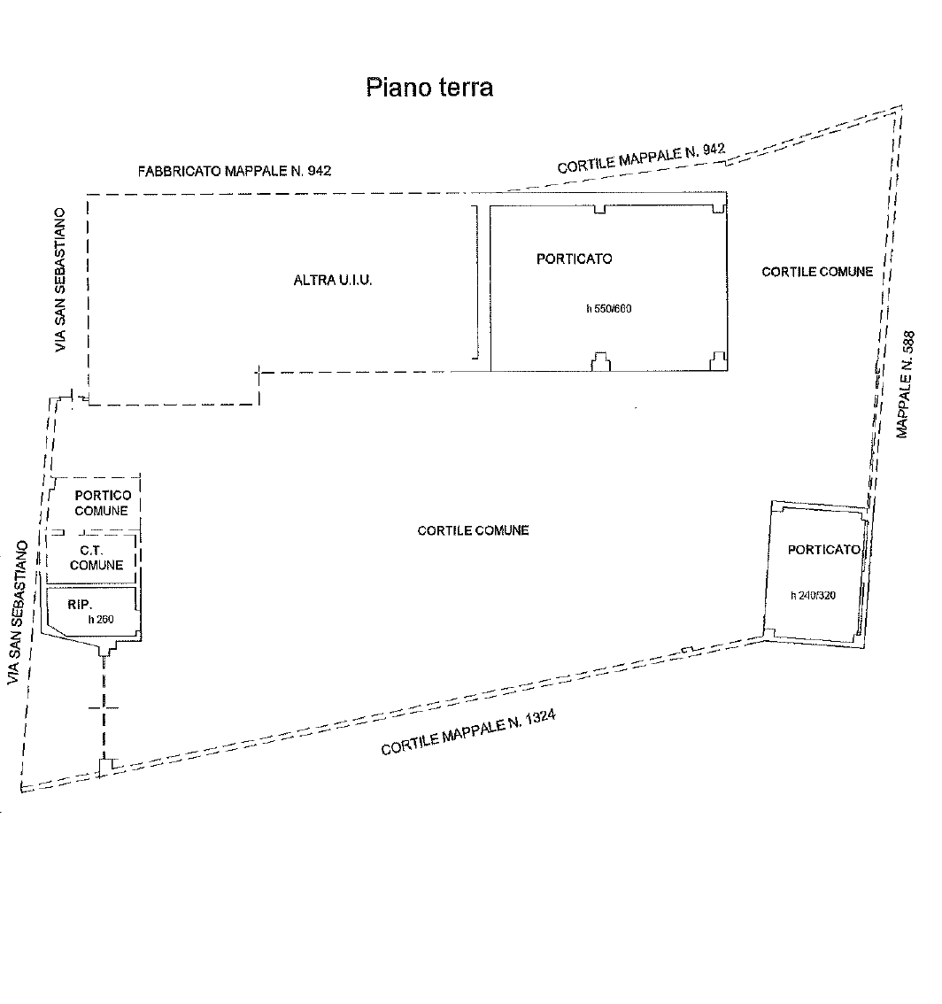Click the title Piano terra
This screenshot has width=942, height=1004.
point(429,87)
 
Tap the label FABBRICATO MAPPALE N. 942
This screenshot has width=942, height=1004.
point(235,171)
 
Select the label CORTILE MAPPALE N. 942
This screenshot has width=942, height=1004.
point(641,158)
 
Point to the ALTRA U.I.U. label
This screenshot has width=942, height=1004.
point(332,280)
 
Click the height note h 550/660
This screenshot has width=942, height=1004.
point(608,309)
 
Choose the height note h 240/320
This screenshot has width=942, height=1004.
point(813,596)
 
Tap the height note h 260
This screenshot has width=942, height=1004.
point(101,619)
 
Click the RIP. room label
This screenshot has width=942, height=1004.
point(80,605)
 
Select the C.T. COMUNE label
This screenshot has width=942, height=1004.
point(96,558)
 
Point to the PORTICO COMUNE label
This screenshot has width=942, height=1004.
point(103,503)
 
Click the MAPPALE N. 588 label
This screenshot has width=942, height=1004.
point(905,384)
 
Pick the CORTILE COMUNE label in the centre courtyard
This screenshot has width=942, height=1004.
point(473,530)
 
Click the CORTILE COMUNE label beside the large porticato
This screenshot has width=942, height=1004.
point(816,272)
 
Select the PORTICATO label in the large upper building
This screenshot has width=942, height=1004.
point(574,259)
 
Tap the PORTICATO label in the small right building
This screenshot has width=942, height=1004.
point(823,550)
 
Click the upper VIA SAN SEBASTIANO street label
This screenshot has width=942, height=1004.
point(60,279)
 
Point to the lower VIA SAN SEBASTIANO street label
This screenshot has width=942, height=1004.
point(18,613)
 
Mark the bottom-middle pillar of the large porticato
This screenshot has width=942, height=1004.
point(600,362)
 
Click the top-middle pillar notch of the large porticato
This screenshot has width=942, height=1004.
point(599,209)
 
